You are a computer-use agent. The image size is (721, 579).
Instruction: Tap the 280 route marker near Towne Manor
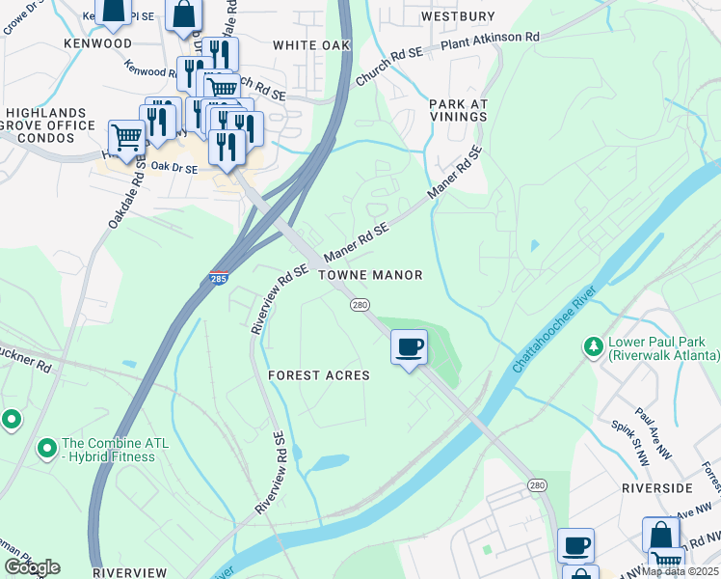[360, 306]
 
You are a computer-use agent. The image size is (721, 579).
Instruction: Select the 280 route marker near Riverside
[536, 484]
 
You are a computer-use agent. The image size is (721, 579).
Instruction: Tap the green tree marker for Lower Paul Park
[592, 345]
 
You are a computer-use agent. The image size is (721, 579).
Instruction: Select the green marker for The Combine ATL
[45, 449]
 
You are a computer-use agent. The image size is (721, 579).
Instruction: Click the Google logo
[32, 567]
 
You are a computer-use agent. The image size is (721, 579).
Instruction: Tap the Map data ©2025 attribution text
[680, 571]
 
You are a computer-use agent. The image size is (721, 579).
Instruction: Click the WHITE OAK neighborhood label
[307, 45]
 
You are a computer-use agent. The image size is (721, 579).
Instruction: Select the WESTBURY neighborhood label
[458, 16]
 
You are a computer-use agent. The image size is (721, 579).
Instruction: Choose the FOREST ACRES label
[318, 375]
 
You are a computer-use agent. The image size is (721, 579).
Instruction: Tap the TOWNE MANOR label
[371, 276]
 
